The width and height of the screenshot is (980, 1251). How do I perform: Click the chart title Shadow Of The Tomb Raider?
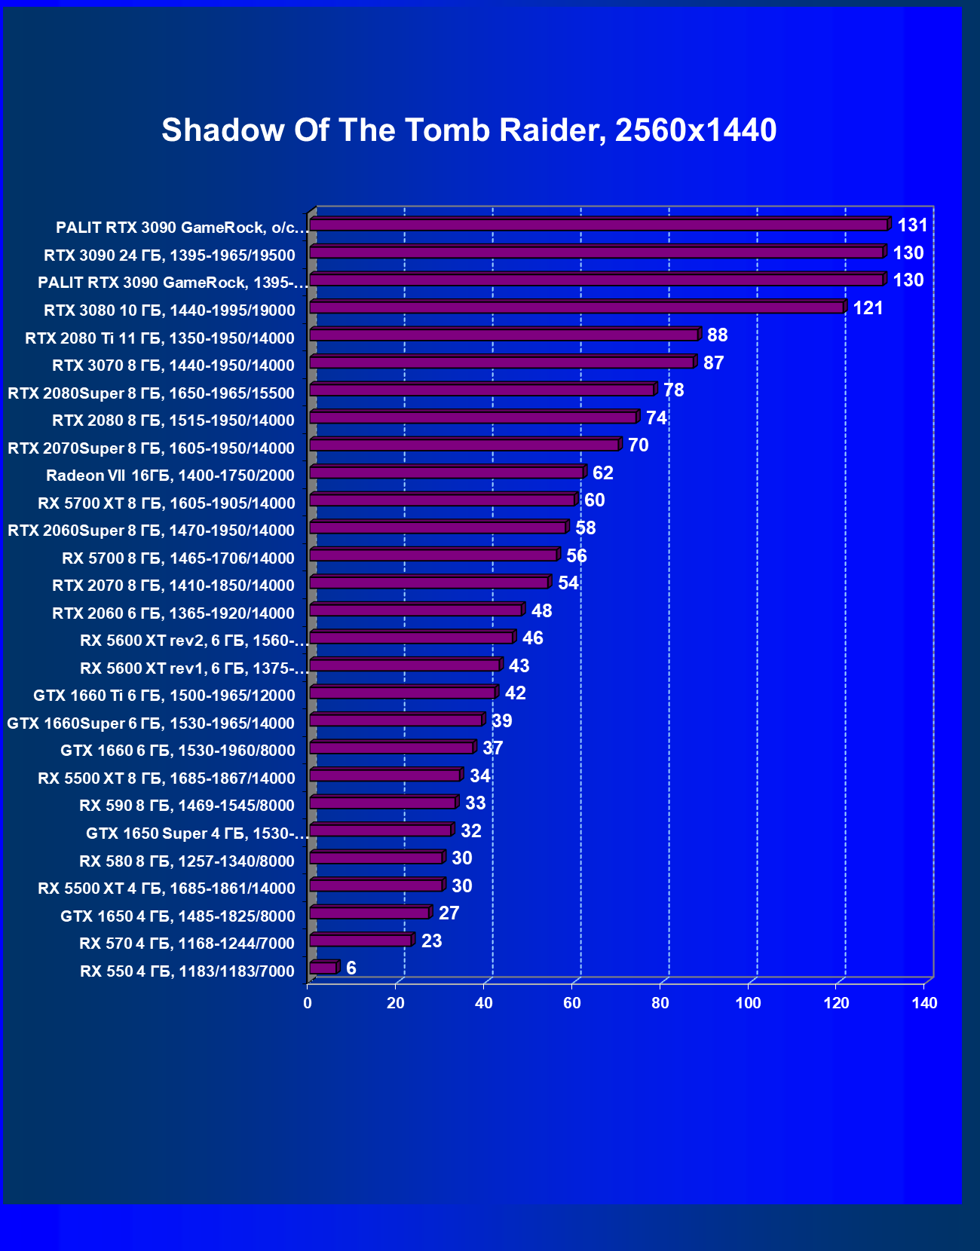469,130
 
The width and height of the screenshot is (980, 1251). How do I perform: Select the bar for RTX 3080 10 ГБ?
577,307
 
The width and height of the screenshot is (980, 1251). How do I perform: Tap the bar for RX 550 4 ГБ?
323,968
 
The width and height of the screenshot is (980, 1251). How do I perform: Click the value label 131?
912,225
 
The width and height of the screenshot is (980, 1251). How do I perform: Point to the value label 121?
868,308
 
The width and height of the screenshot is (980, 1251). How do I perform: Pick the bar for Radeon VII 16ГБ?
447,473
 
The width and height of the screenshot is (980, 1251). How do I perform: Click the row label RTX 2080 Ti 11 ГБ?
160,338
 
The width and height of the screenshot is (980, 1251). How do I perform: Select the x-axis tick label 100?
749,1003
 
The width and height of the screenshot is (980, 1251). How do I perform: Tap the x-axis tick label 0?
308,1003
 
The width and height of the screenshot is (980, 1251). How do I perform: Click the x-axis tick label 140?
925,1003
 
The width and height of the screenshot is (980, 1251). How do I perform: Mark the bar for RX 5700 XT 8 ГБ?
443,500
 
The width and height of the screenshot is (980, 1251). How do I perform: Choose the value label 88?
718,335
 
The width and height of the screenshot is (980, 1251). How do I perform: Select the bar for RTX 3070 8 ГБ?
502,362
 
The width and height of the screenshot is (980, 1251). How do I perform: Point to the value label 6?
351,968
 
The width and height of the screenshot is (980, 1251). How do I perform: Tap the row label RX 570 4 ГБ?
187,944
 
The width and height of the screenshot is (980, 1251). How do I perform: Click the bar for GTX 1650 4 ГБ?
369,913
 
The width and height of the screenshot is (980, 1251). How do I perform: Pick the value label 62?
603,473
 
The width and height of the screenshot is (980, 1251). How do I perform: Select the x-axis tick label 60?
572,1003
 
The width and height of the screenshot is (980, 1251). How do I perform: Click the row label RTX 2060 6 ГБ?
173,613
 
